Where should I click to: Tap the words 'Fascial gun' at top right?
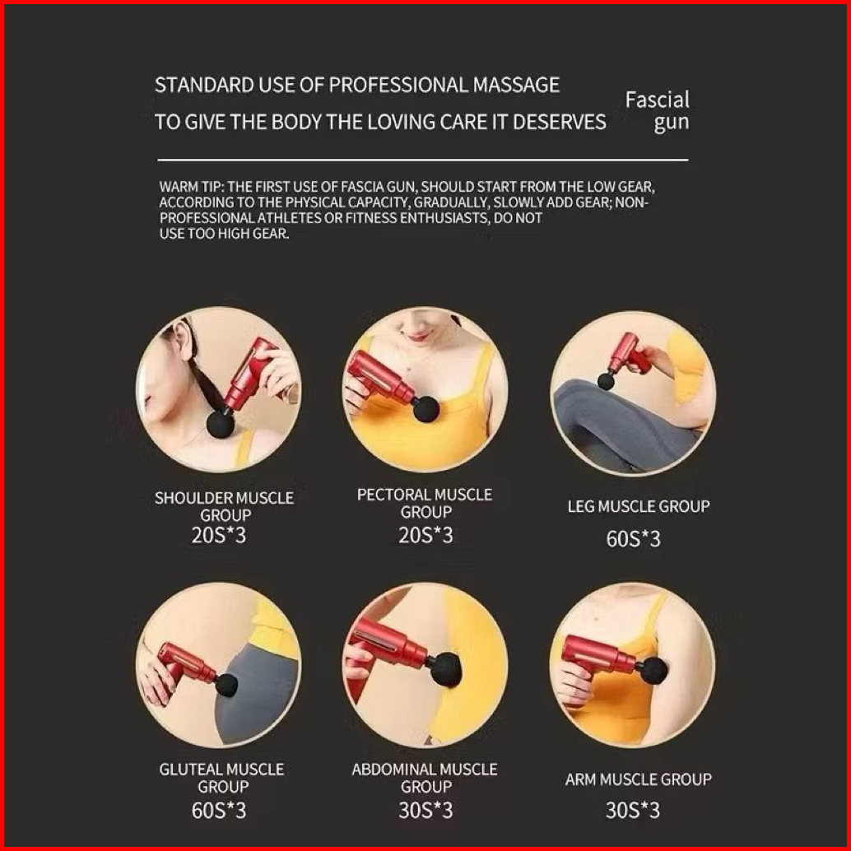click(x=658, y=111)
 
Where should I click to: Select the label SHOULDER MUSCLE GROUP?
click(x=224, y=506)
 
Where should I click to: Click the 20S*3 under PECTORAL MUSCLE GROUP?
click(x=425, y=536)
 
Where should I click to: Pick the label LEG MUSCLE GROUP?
click(x=639, y=506)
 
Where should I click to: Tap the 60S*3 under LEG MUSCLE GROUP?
click(x=634, y=539)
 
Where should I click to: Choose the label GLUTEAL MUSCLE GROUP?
click(x=221, y=778)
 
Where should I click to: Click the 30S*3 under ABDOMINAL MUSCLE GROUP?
click(x=425, y=811)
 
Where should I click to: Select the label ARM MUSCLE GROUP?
click(x=639, y=780)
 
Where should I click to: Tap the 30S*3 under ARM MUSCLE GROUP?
click(x=633, y=811)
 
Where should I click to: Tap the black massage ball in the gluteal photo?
click(x=227, y=685)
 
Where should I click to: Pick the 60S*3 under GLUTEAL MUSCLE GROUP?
click(x=219, y=811)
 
